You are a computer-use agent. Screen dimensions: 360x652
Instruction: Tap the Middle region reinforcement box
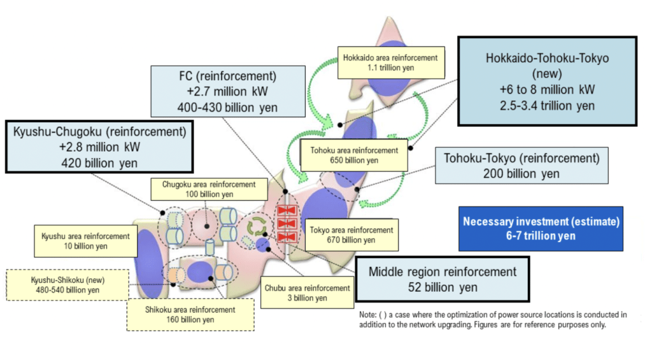tap(443, 279)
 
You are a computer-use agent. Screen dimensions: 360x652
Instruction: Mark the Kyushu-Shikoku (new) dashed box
tap(66, 285)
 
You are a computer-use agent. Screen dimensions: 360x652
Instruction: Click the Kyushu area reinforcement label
tap(85, 240)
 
